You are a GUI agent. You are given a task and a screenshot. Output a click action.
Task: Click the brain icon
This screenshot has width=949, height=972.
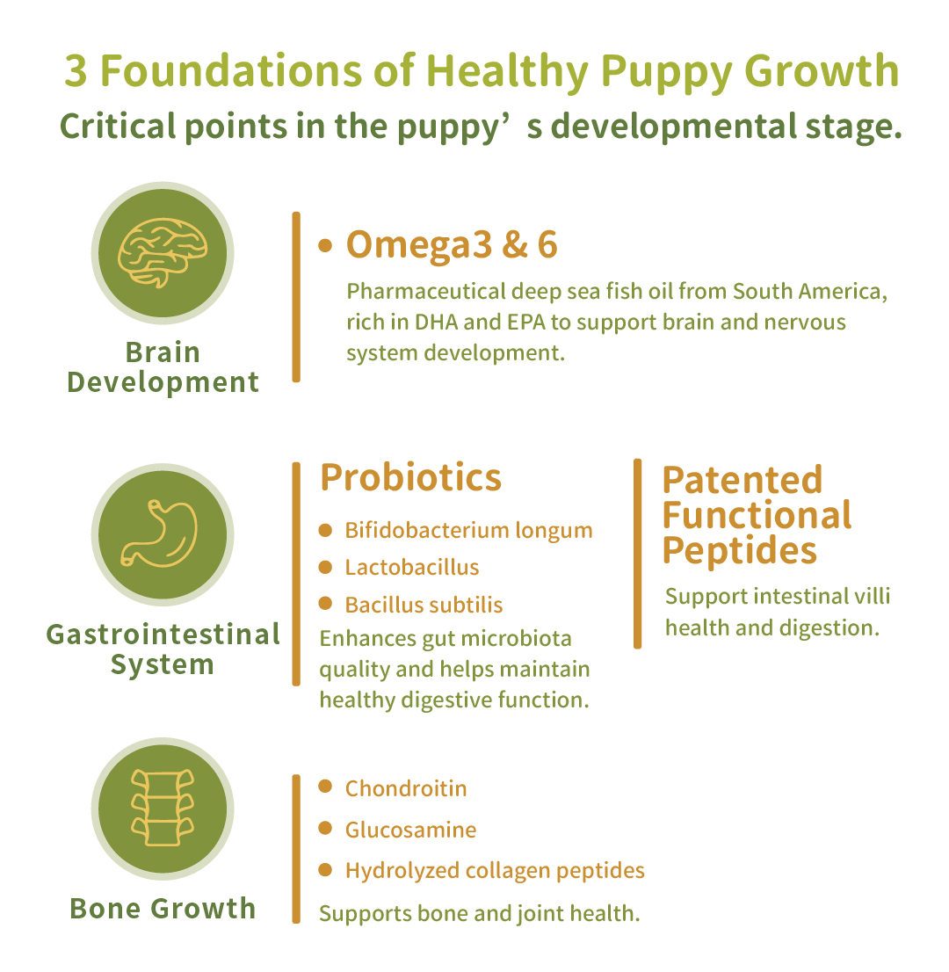pyautogui.click(x=163, y=253)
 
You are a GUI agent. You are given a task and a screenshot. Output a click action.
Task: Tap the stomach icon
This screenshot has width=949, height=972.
pyautogui.click(x=160, y=534)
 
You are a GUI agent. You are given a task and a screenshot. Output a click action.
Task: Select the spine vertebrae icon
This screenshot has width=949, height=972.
pyautogui.click(x=163, y=808)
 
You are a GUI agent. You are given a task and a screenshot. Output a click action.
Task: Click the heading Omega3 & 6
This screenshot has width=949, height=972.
pyautogui.click(x=452, y=245)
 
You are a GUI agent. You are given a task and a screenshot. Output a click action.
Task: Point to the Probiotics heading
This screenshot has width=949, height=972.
pyautogui.click(x=410, y=477)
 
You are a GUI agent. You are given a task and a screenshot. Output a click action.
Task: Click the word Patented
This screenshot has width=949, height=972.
pyautogui.click(x=742, y=480)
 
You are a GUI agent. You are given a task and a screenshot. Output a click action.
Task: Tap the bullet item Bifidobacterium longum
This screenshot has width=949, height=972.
pyautogui.click(x=468, y=531)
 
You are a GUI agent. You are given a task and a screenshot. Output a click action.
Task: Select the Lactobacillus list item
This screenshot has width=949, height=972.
pyautogui.click(x=411, y=567)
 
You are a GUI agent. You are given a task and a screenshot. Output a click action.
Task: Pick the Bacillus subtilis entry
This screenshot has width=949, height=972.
pyautogui.click(x=424, y=605)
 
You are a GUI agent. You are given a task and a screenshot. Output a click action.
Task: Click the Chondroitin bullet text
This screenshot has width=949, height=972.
pyautogui.click(x=406, y=788)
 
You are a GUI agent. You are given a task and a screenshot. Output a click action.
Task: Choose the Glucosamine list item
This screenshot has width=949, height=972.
pyautogui.click(x=410, y=830)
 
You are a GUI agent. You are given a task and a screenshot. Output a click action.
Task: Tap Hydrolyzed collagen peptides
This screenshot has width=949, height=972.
pyautogui.click(x=495, y=871)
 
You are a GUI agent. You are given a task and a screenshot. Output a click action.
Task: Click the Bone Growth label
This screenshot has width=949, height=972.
pyautogui.click(x=163, y=909)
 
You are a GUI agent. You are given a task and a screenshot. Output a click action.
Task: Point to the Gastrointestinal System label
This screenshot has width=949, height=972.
pyautogui.click(x=163, y=649)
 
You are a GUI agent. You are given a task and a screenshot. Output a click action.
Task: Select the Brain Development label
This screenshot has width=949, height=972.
pyautogui.click(x=163, y=367)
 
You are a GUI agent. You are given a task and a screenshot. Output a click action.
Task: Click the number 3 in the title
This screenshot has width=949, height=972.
pyautogui.click(x=76, y=70)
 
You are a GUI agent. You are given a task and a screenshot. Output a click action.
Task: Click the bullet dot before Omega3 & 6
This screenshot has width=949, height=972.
pyautogui.click(x=325, y=246)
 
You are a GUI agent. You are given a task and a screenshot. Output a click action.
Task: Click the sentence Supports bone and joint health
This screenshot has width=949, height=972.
pyautogui.click(x=479, y=914)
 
